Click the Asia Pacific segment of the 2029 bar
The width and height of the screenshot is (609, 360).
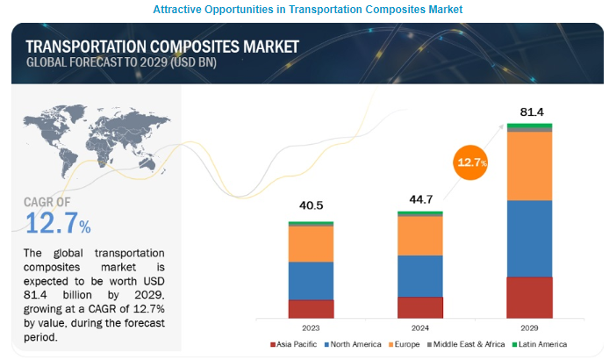[529, 298]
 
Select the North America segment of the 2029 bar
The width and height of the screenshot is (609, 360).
[529, 239]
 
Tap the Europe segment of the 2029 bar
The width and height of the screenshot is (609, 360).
[529, 166]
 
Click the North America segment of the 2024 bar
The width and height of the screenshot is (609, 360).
[420, 276]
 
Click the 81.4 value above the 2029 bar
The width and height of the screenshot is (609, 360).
[529, 112]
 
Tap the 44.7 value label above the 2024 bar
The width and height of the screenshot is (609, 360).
[419, 198]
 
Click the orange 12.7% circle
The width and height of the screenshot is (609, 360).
[471, 162]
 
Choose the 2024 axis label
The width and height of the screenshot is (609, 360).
[420, 328]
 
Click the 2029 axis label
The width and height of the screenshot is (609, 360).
[529, 328]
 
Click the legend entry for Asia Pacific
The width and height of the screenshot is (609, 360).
[297, 343]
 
